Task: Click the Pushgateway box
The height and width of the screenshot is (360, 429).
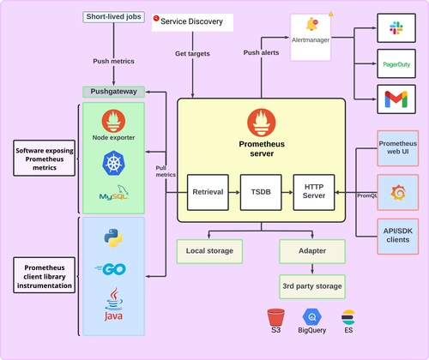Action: pyautogui.click(x=114, y=91)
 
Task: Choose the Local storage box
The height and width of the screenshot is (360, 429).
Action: pyautogui.click(x=209, y=251)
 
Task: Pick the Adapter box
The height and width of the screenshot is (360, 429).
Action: pyautogui.click(x=313, y=251)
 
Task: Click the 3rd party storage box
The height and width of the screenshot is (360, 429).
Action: pyautogui.click(x=313, y=286)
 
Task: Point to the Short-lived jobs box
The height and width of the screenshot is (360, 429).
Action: pyautogui.click(x=114, y=17)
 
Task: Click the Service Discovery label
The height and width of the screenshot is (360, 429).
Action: pyautogui.click(x=194, y=20)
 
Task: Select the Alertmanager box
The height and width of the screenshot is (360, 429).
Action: pyautogui.click(x=310, y=37)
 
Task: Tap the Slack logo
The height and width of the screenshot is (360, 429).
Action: pyautogui.click(x=396, y=27)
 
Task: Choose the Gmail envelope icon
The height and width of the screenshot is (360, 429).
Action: pyautogui.click(x=396, y=100)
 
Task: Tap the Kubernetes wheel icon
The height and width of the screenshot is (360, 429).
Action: pyautogui.click(x=114, y=163)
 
